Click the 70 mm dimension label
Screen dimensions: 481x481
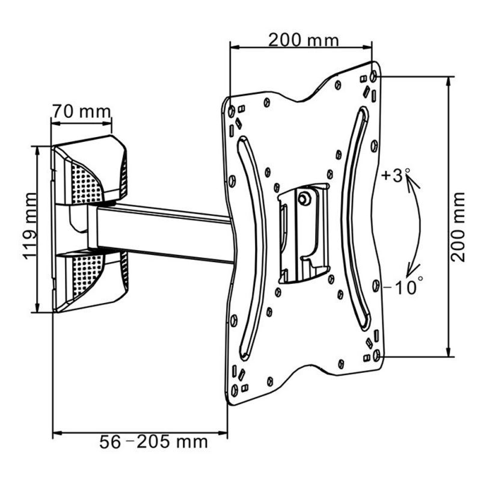click(x=81, y=112)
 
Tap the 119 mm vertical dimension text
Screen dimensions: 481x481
click(x=31, y=226)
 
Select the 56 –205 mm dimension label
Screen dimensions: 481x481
click(x=153, y=442)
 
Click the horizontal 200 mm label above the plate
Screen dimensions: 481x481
click(x=304, y=40)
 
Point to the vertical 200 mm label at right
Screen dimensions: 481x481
click(x=458, y=227)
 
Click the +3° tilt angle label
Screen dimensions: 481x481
click(x=396, y=176)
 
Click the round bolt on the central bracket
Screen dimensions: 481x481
click(x=304, y=198)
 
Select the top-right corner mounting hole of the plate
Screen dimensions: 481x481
click(x=373, y=76)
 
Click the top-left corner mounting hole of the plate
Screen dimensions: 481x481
click(x=231, y=111)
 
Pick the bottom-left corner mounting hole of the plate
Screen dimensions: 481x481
click(x=234, y=390)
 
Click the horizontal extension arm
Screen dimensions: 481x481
click(x=162, y=233)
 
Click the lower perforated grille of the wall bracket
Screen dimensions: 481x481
click(x=87, y=274)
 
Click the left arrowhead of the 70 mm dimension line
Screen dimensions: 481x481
click(x=56, y=123)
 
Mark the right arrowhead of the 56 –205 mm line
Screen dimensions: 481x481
click(x=222, y=433)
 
